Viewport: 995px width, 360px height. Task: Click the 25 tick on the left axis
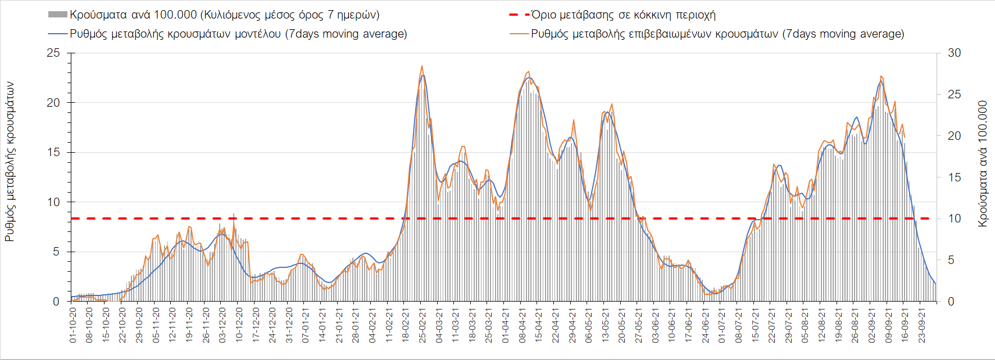point(53,53)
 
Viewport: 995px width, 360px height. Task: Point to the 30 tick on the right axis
point(954,53)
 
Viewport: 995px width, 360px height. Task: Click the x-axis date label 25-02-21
point(422,325)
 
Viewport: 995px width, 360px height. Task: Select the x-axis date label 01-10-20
point(72,325)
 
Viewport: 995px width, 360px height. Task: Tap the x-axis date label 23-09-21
point(921,325)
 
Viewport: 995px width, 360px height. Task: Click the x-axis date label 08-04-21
point(522,325)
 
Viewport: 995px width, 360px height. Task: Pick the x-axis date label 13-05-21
point(605,325)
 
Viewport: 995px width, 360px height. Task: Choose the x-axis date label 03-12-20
point(222,325)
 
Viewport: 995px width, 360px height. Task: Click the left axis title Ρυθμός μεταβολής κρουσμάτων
point(10,162)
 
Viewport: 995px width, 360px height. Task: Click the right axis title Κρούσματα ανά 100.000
point(982,164)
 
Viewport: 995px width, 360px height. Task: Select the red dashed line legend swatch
point(519,15)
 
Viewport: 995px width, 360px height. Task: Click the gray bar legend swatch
point(58,15)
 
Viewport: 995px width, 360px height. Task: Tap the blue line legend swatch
point(58,34)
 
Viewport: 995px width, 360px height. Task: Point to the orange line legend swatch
point(519,34)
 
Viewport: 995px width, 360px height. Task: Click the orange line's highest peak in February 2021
point(422,66)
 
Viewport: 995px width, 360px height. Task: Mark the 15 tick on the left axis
point(53,152)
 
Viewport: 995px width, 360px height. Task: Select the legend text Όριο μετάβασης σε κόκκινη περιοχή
point(623,15)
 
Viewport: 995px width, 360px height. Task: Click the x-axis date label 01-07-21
point(722,325)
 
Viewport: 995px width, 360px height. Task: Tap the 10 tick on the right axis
point(954,218)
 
